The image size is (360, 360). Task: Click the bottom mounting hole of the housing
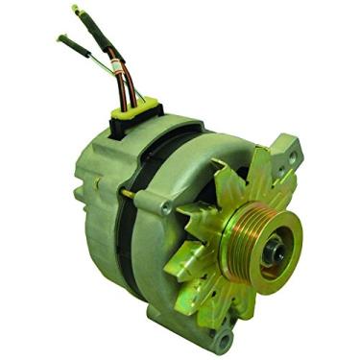click(x=224, y=338)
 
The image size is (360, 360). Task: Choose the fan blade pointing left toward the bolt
click(x=192, y=230)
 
